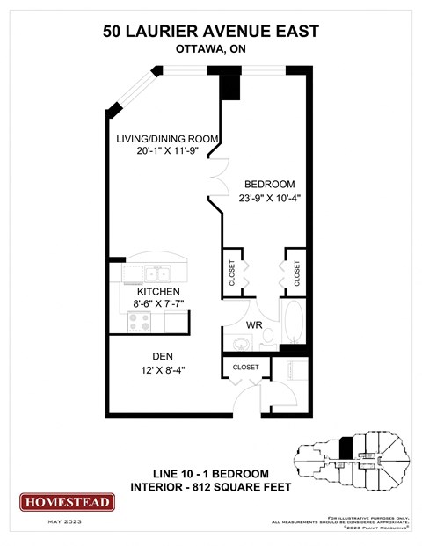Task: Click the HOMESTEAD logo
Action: tap(68, 502)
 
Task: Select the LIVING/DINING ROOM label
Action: tap(167, 139)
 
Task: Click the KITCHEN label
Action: tap(158, 291)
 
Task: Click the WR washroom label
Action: tap(254, 324)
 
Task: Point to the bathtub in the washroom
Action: tap(295, 324)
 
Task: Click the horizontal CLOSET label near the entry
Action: tap(245, 367)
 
